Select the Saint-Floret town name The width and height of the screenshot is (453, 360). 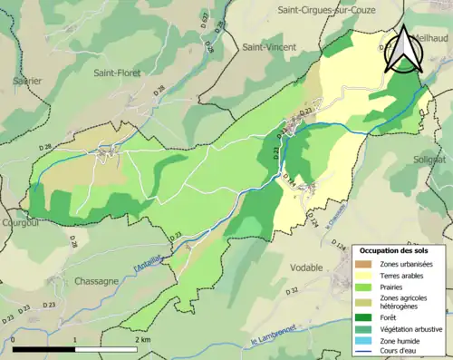[119, 73]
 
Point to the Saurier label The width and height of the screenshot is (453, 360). [26, 81]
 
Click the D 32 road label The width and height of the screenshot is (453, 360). [293, 291]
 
